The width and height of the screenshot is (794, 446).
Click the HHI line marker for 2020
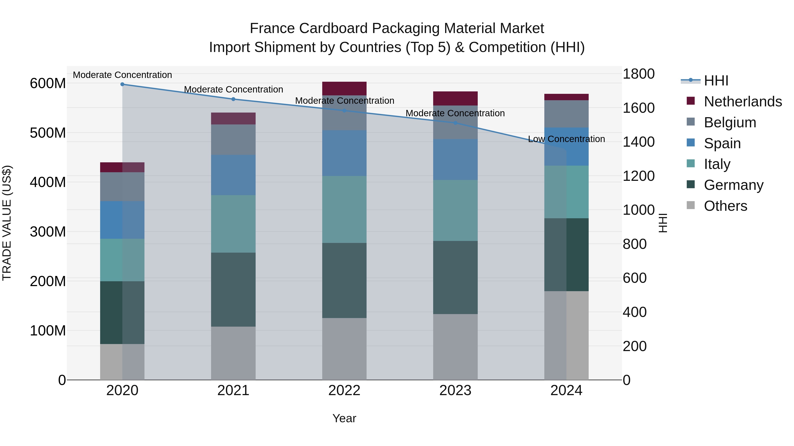[x=122, y=84]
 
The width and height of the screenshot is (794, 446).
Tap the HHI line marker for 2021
[x=233, y=99]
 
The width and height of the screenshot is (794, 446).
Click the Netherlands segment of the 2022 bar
[x=344, y=88]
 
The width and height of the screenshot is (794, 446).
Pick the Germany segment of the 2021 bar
[x=233, y=289]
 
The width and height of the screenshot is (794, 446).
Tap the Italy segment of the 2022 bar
[x=344, y=209]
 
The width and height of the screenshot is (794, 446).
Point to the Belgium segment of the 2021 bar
[x=233, y=139]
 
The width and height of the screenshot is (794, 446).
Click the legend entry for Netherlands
[x=743, y=102]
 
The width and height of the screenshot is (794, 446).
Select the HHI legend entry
[x=716, y=81]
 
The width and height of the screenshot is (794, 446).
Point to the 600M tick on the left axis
[x=48, y=83]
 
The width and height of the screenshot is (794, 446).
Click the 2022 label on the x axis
[x=344, y=390]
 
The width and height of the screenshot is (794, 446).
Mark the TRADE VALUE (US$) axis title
[x=7, y=223]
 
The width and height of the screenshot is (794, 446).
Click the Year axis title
[x=344, y=418]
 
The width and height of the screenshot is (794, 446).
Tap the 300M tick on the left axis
[x=48, y=232]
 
